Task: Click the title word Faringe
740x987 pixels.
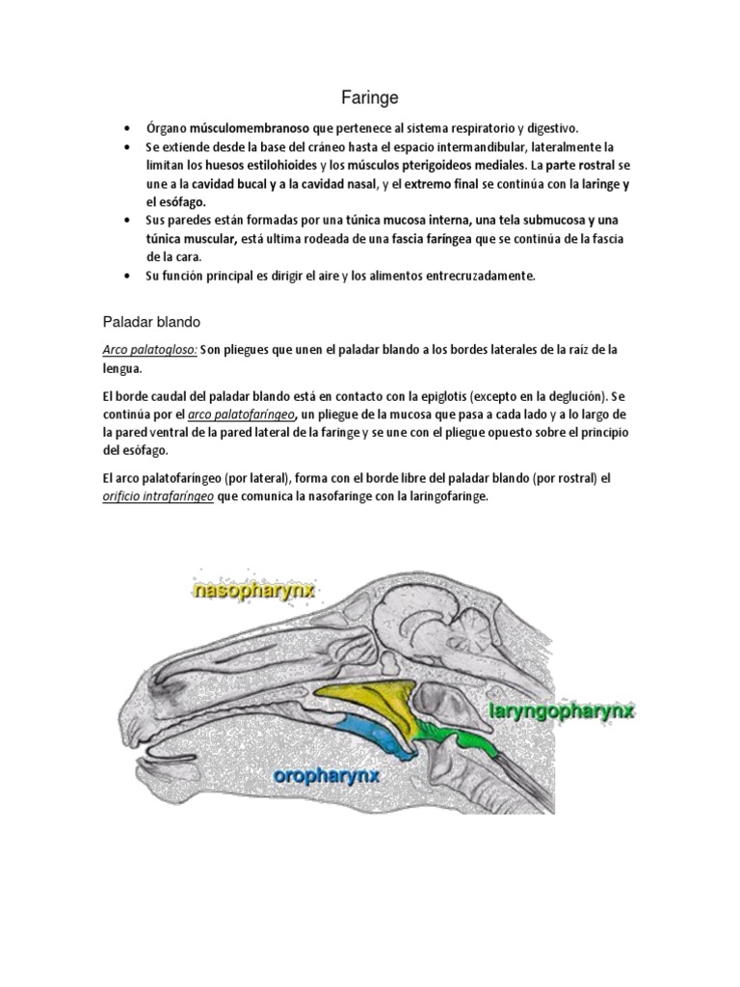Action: click(370, 97)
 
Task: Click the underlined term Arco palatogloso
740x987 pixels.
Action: click(149, 350)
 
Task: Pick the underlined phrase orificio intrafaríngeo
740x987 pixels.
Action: click(159, 497)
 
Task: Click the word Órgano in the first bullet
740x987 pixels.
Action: click(167, 128)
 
